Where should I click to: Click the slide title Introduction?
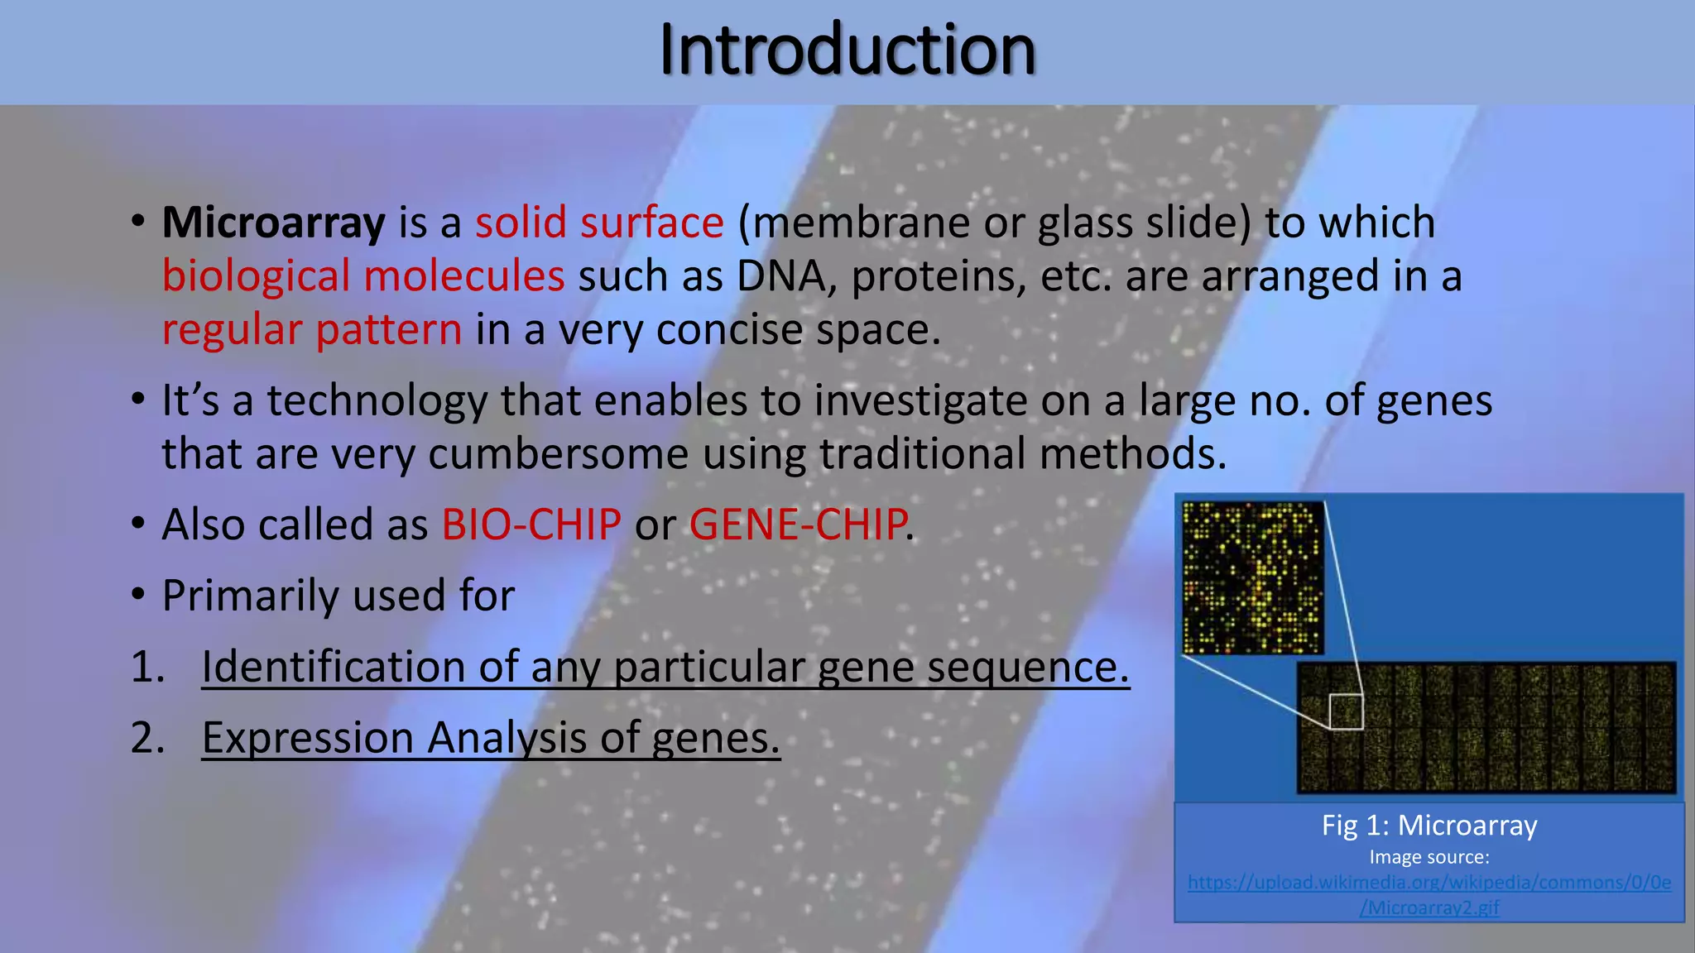847,51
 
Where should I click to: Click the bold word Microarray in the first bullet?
273,223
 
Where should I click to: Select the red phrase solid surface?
599,223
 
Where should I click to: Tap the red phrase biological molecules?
363,276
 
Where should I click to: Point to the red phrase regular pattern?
311,330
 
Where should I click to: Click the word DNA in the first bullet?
780,276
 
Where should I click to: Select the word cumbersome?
558,454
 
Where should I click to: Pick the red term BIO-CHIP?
531,524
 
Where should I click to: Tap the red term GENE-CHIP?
798,524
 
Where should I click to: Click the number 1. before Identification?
147,667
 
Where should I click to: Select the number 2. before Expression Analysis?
147,738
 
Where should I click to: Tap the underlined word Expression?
308,738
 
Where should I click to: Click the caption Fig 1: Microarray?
1429,826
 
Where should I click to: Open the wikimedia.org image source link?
1429,883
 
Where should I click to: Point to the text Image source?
1429,857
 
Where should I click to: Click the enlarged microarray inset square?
1253,577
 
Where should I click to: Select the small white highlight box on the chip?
1346,711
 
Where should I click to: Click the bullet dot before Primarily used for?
138,595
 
